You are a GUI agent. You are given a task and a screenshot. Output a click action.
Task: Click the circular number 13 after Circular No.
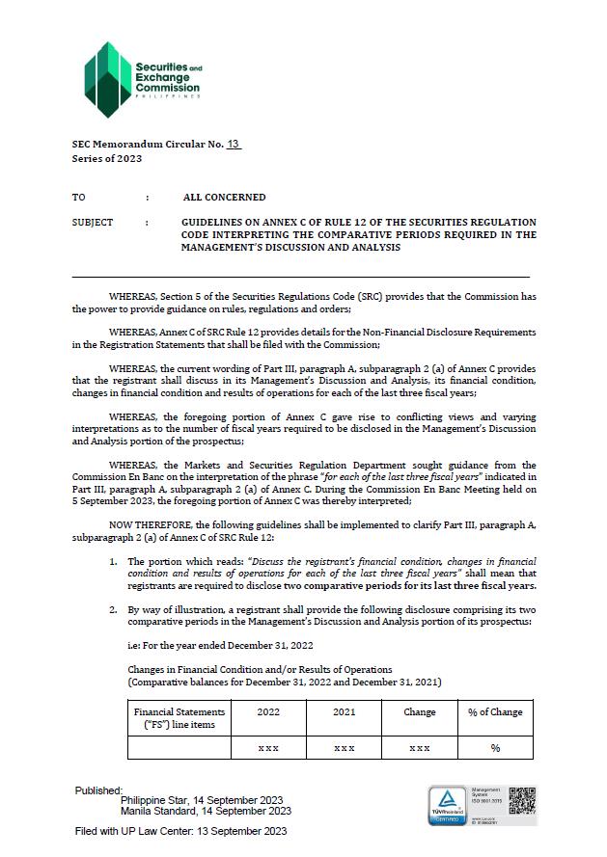(x=233, y=144)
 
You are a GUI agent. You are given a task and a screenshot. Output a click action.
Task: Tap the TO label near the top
(x=78, y=198)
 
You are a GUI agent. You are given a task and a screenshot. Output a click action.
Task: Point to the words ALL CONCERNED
(x=224, y=198)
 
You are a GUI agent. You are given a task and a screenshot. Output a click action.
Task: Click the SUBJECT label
(x=93, y=223)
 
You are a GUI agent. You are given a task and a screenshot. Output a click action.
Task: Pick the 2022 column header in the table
(x=268, y=712)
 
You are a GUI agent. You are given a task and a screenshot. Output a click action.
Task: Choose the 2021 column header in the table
(x=344, y=712)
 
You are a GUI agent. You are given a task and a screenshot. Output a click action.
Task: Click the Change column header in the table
(x=420, y=712)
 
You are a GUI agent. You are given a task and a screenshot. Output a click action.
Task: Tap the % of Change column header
(x=495, y=712)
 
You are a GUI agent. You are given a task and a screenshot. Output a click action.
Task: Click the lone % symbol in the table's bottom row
(x=495, y=748)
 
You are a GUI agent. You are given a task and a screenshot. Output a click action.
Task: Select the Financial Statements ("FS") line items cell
(x=180, y=718)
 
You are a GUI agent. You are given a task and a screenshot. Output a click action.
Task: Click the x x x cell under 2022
(x=268, y=748)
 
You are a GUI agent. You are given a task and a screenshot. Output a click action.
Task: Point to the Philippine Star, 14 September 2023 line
(x=202, y=800)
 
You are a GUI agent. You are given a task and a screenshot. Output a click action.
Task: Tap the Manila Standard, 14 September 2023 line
(x=207, y=811)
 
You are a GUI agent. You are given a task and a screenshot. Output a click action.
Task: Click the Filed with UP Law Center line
(x=180, y=831)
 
